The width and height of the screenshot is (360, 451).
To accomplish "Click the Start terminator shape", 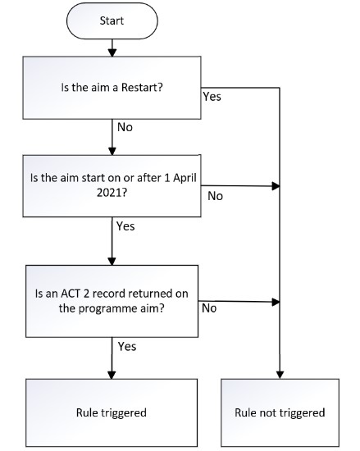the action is [112, 20].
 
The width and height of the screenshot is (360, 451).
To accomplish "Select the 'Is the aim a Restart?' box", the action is [112, 88].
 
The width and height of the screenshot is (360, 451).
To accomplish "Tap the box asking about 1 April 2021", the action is [112, 186].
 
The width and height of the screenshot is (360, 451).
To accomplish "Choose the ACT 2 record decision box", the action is [112, 301].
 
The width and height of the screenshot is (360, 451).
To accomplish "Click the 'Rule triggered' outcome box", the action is [112, 412].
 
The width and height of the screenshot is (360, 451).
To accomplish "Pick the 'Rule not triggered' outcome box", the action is [280, 412].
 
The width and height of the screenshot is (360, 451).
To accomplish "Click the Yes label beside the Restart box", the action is [212, 97].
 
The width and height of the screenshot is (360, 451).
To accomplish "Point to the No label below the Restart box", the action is [125, 127].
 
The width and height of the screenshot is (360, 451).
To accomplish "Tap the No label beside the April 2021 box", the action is [216, 196].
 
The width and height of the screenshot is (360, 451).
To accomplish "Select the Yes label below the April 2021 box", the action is [125, 226].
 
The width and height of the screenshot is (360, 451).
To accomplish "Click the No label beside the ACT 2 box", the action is [209, 308].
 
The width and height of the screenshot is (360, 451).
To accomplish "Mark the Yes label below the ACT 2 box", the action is [127, 347].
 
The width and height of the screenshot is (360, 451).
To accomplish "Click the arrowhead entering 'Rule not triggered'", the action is [280, 375].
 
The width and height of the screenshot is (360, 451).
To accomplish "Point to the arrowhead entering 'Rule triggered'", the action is [112, 375].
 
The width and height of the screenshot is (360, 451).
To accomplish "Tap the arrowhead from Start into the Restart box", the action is [112, 52].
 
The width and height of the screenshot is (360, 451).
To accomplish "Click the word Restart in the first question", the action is [142, 87].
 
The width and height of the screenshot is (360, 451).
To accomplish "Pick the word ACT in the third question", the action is [71, 294].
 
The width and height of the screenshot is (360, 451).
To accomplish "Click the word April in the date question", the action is [185, 178].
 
